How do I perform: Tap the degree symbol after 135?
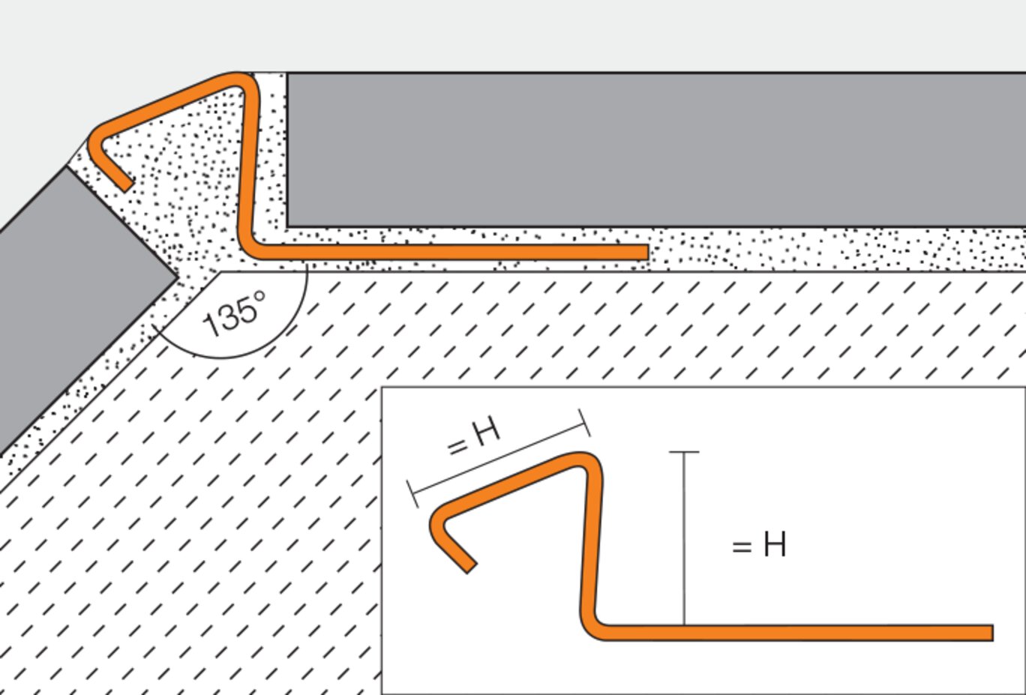(x=259, y=297)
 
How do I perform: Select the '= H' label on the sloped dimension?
(x=473, y=437)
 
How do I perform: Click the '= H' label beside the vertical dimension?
(x=759, y=544)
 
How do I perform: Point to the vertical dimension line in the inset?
(x=684, y=538)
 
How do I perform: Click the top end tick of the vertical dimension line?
(x=684, y=452)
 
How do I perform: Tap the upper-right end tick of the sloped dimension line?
(x=584, y=423)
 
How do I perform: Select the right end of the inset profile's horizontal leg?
(x=992, y=633)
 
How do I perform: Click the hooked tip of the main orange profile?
(x=127, y=185)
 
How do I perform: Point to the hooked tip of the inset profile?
(x=470, y=568)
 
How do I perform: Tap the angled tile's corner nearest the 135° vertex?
(x=177, y=277)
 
